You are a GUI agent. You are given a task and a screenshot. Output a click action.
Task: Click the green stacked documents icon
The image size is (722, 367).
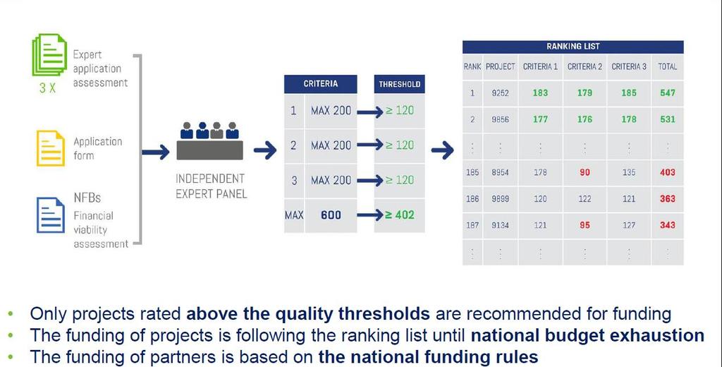tap(50, 55)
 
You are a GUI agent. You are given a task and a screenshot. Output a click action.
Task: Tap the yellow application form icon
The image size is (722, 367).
tap(50, 148)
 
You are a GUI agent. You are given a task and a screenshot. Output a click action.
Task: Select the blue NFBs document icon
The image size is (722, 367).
tap(50, 215)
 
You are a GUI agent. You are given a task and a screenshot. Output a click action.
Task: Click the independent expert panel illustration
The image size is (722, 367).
tap(209, 140)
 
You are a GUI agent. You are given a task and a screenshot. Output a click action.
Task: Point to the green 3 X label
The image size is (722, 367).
tap(47, 88)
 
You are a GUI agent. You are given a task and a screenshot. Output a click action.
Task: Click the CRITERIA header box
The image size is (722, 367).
tap(321, 84)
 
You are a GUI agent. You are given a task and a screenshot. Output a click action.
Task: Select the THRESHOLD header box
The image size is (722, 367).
tap(399, 84)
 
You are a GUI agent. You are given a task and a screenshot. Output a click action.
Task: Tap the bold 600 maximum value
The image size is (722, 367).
tap(331, 215)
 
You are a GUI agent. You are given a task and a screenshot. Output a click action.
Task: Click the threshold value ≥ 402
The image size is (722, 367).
tap(399, 215)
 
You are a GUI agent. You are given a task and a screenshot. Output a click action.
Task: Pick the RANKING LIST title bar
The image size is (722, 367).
tap(573, 47)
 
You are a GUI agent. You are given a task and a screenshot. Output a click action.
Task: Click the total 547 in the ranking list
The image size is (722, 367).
tap(667, 92)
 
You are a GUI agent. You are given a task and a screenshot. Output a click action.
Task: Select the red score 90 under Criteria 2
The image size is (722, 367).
tap(585, 172)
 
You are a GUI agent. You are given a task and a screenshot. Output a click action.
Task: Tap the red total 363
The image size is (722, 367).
tap(667, 199)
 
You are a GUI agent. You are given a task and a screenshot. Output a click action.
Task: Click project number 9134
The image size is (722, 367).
tap(500, 225)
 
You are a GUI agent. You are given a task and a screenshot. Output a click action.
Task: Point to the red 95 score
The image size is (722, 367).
tap(585, 225)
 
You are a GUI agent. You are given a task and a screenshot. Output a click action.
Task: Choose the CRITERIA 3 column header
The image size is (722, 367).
tap(628, 67)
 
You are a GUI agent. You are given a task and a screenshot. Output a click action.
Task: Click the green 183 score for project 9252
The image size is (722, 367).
tap(540, 92)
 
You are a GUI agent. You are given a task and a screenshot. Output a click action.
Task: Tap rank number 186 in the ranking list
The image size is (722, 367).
tap(472, 199)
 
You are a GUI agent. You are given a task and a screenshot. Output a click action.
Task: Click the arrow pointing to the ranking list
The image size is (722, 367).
tap(443, 150)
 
